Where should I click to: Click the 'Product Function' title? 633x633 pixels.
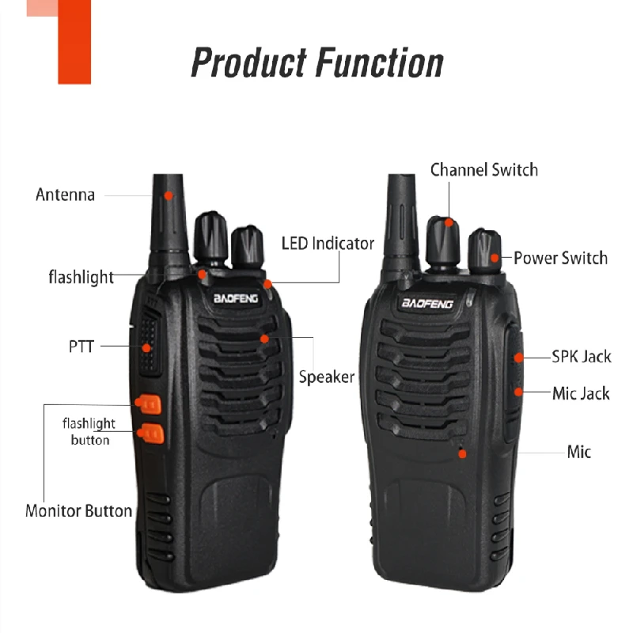(x=317, y=62)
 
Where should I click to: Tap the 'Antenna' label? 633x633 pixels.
(x=65, y=195)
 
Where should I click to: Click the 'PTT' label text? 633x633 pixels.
(x=81, y=347)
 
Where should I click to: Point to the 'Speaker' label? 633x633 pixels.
(x=326, y=377)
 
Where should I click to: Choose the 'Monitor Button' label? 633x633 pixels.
(x=78, y=510)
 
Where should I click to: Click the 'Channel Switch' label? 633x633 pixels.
(x=483, y=170)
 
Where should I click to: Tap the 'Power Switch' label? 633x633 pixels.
(x=560, y=258)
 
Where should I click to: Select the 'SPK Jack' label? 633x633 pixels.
(x=582, y=357)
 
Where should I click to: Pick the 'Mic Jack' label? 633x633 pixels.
(x=581, y=393)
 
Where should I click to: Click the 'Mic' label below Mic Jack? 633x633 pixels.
(x=578, y=452)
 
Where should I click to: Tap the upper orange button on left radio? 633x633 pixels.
(x=148, y=404)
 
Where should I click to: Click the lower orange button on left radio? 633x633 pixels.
(x=148, y=433)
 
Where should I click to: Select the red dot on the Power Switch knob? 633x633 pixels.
(x=494, y=256)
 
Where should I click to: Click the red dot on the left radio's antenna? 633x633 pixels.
(x=168, y=194)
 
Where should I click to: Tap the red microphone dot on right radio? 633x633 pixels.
(x=462, y=453)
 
